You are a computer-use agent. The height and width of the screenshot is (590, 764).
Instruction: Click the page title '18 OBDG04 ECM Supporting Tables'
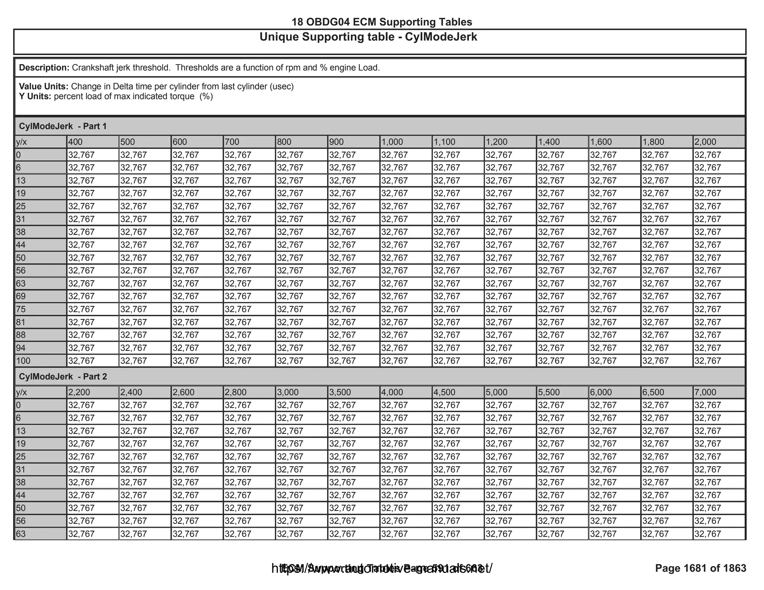coord(382,22)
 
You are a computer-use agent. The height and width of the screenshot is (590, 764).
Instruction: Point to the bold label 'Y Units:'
coord(35,97)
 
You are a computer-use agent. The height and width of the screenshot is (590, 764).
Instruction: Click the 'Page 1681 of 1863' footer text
coord(701,568)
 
